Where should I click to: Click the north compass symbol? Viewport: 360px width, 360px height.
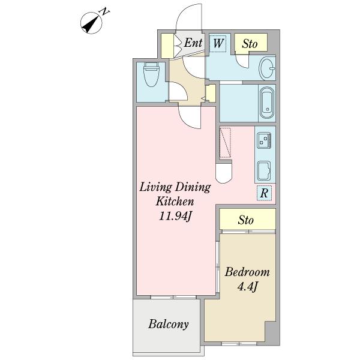pyautogui.click(x=91, y=23)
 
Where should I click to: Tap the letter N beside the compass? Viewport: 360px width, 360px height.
pyautogui.click(x=105, y=11)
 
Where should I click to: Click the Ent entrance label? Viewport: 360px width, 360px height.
pyautogui.click(x=193, y=43)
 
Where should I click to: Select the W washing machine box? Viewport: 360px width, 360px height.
pyautogui.click(x=218, y=43)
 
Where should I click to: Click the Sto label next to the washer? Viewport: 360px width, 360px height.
pyautogui.click(x=250, y=44)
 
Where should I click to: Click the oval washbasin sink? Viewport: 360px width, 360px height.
pyautogui.click(x=267, y=68)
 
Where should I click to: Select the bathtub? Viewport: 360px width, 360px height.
pyautogui.click(x=267, y=103)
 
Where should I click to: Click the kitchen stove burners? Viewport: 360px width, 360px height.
pyautogui.click(x=264, y=140)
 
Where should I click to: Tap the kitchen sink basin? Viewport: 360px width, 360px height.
pyautogui.click(x=263, y=171)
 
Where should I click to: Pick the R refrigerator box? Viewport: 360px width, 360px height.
pyautogui.click(x=264, y=193)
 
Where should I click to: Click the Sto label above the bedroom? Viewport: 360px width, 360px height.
pyautogui.click(x=245, y=220)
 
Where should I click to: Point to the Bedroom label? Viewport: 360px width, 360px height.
pyautogui.click(x=247, y=272)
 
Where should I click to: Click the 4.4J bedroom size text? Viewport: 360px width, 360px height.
pyautogui.click(x=247, y=287)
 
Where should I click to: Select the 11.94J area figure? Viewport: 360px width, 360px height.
pyautogui.click(x=175, y=216)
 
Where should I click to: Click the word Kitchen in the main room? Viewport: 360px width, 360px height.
pyautogui.click(x=175, y=202)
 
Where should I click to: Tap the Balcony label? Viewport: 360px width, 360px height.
pyautogui.click(x=168, y=325)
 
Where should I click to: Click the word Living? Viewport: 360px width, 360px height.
pyautogui.click(x=155, y=188)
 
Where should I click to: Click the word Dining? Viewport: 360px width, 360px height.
pyautogui.click(x=193, y=188)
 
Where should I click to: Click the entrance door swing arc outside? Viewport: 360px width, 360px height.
pyautogui.click(x=181, y=16)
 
